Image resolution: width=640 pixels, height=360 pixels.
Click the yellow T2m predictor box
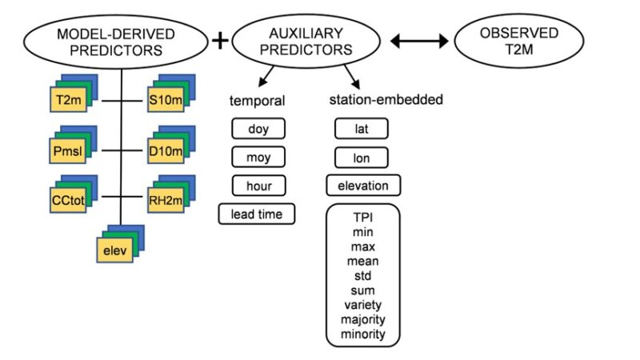click(69, 99)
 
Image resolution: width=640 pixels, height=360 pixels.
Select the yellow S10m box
click(166, 99)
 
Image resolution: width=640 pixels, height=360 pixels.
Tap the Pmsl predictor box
click(68, 151)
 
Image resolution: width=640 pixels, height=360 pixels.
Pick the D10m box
click(166, 151)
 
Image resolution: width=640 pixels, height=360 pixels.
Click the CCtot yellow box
click(68, 201)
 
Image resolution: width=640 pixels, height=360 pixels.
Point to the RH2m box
click(166, 201)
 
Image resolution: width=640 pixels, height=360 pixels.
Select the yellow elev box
click(114, 250)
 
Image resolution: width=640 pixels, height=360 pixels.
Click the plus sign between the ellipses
click(220, 41)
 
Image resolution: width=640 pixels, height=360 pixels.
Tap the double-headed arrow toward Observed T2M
click(419, 41)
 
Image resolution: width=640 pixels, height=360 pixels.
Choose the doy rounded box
click(258, 129)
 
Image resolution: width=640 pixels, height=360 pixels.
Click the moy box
click(258, 157)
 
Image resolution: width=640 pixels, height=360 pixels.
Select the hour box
click(258, 186)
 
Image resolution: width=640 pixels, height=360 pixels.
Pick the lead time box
click(256, 214)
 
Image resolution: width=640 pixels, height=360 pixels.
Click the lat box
click(362, 129)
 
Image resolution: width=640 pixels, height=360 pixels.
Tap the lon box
click(362, 158)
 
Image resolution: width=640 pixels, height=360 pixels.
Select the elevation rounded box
click(363, 186)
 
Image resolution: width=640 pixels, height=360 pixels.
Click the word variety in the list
click(363, 305)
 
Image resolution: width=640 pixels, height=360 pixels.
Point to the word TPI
click(363, 217)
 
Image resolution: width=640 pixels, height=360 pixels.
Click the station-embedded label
click(386, 99)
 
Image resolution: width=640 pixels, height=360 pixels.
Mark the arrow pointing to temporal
click(266, 76)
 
